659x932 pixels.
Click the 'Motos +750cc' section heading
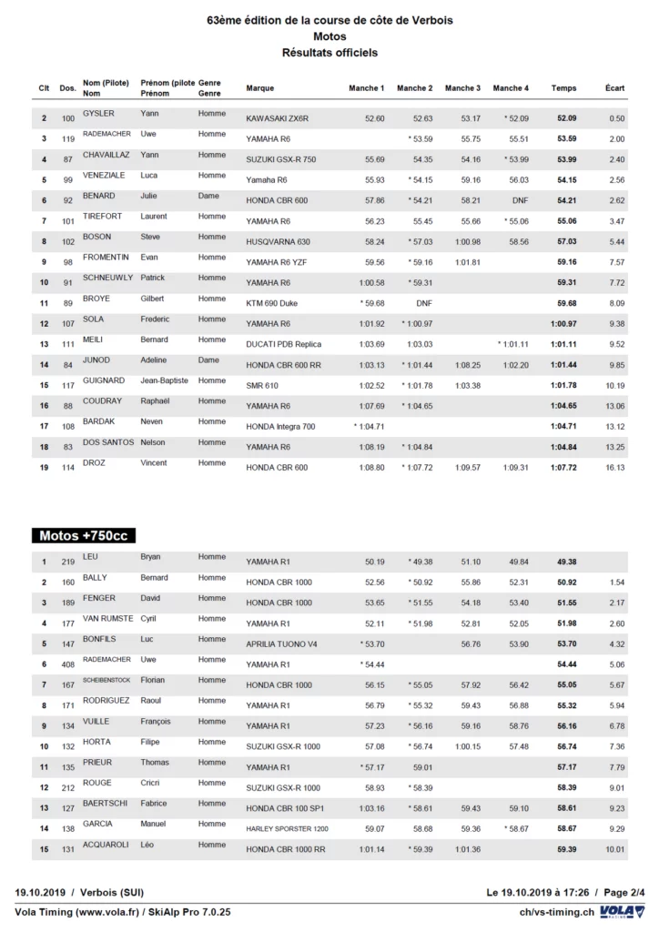[84, 535]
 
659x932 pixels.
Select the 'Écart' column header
[614, 88]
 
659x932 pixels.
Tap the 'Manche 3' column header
[461, 88]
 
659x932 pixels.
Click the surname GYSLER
[98, 114]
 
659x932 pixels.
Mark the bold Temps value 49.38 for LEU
[567, 562]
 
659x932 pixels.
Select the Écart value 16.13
[615, 468]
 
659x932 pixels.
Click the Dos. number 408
[68, 664]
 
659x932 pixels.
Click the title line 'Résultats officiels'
[329, 53]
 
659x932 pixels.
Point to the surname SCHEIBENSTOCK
[111, 680]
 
